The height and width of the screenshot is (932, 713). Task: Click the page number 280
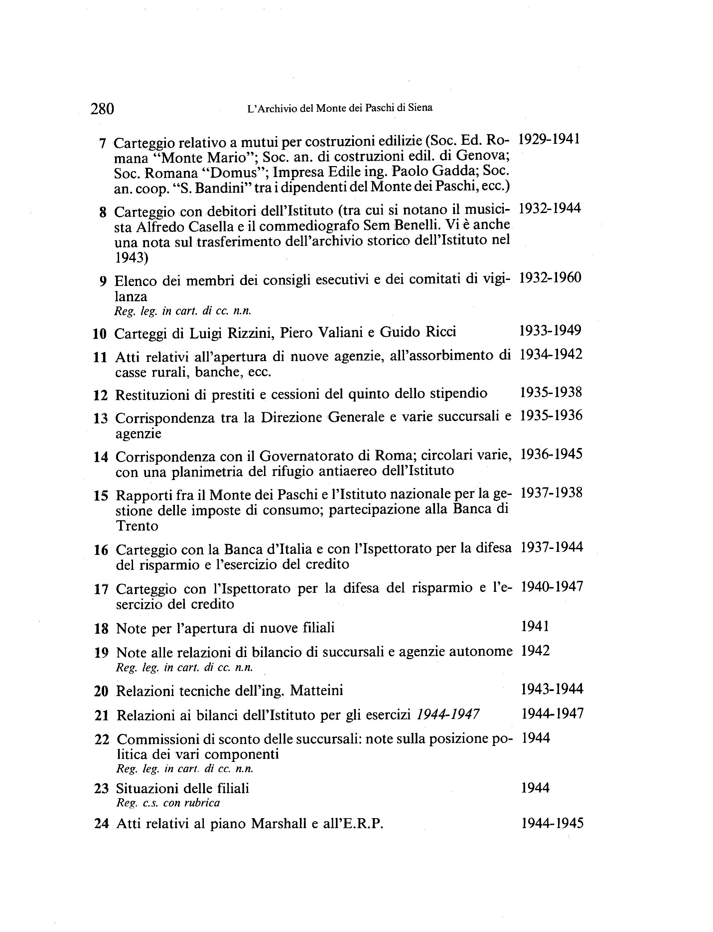click(x=102, y=109)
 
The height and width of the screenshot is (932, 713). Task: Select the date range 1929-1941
click(x=549, y=139)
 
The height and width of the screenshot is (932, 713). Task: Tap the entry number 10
click(x=99, y=334)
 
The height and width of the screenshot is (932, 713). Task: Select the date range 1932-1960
click(x=550, y=278)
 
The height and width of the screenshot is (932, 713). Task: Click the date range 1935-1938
click(x=551, y=392)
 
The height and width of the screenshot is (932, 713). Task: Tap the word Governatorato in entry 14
click(x=305, y=456)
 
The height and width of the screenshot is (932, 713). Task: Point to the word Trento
click(x=137, y=526)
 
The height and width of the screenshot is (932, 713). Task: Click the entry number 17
click(x=100, y=589)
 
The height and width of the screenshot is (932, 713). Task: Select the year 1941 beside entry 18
click(x=535, y=626)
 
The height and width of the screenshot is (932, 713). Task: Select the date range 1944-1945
click(x=552, y=824)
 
